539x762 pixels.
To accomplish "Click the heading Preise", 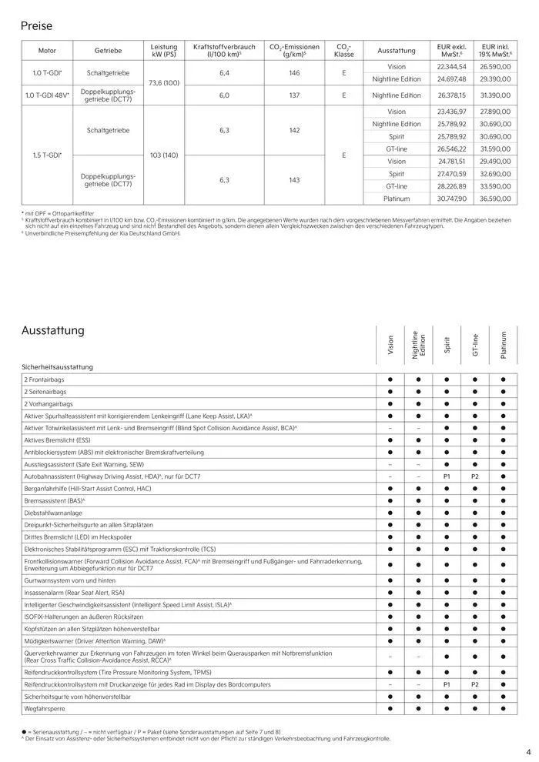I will tap(37, 26).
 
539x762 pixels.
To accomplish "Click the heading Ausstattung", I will tap(52, 330).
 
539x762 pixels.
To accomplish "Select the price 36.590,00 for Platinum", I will tap(496, 198).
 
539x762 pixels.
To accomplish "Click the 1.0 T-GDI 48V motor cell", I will tap(48, 95).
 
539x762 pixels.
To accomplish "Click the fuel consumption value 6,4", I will tap(225, 72).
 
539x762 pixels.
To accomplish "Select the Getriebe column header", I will tap(108, 50).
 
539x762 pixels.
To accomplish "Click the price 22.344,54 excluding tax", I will tap(451, 67).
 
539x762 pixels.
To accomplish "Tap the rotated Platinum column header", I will tap(504, 344).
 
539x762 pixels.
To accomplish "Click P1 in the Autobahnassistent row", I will tap(447, 477).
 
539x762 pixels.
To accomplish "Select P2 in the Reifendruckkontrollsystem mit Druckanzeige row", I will tap(475, 683).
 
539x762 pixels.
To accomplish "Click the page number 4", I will tap(528, 752).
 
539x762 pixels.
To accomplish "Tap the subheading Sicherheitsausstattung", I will tap(57, 367).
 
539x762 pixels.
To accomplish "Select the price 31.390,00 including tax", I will tap(496, 95).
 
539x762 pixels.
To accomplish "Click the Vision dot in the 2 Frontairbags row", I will tap(390, 379).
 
